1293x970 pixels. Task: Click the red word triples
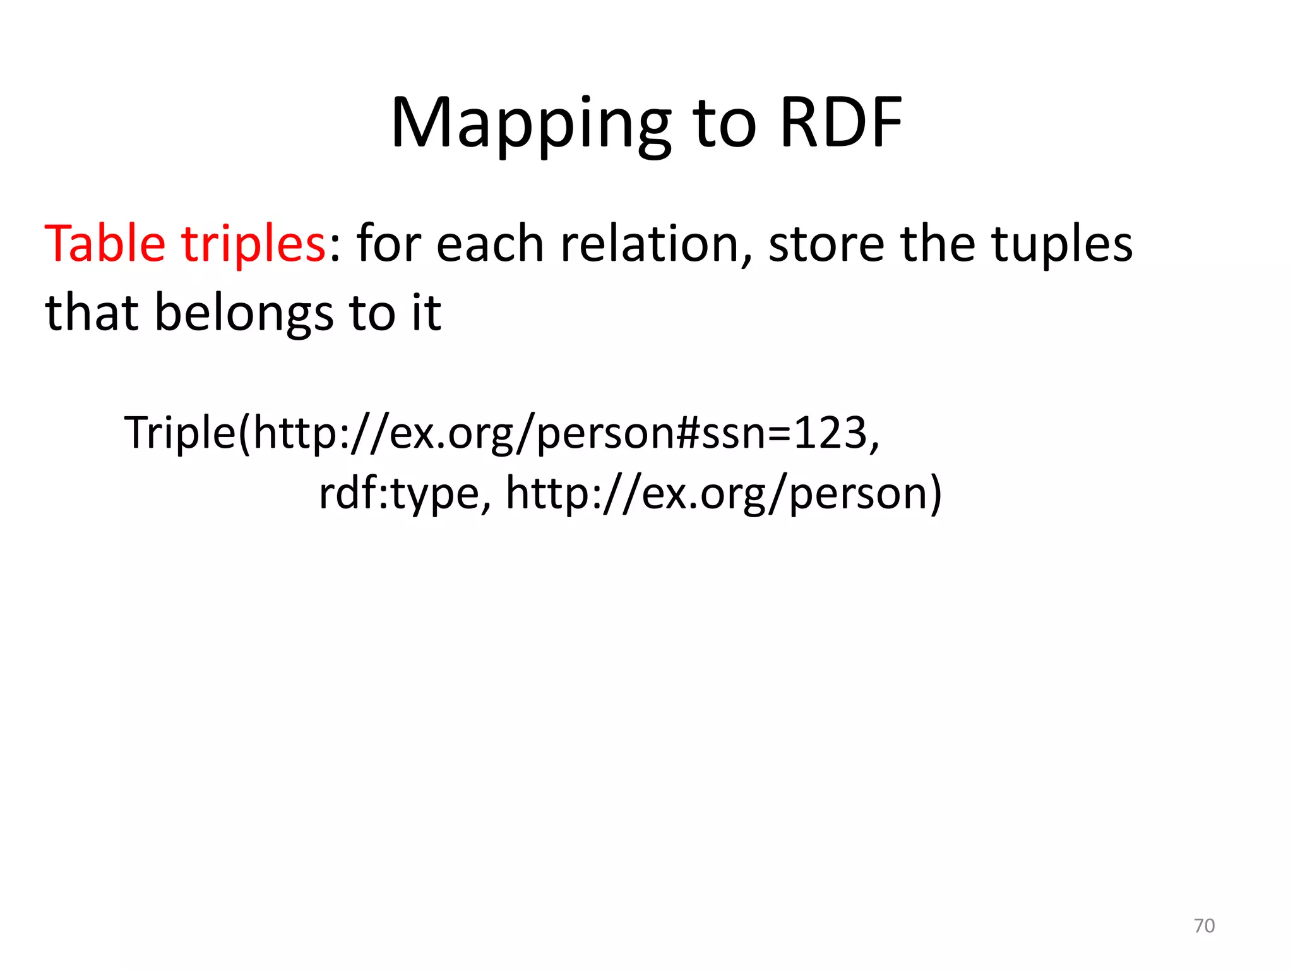[x=253, y=245]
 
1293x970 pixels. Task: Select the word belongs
[x=244, y=314]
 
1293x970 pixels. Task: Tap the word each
[x=490, y=245]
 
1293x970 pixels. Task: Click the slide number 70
[x=1204, y=926]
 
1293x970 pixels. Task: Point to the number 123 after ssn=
[x=830, y=433]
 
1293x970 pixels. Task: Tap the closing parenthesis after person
[x=934, y=494]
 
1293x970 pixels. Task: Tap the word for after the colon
[x=389, y=245]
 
